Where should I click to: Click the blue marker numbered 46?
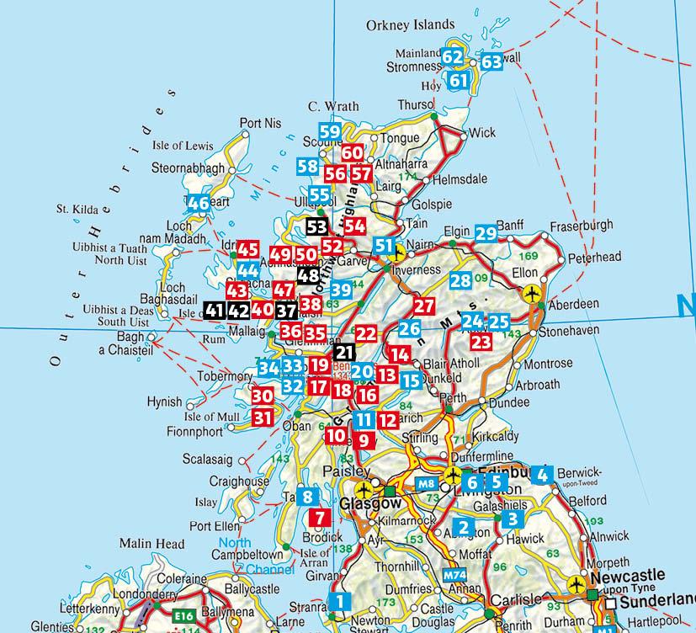pos(199,203)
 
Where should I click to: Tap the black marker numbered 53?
pos(317,226)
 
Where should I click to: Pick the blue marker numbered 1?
pos(339,602)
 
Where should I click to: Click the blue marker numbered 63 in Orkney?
pos(491,61)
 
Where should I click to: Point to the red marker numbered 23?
pos(481,341)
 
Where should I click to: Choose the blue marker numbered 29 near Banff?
pos(486,233)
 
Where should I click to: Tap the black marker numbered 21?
pos(345,352)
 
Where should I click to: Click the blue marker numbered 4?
pos(542,474)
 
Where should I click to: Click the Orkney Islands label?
pos(410,25)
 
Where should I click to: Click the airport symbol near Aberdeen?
pos(531,293)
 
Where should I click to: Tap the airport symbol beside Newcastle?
pos(578,582)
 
